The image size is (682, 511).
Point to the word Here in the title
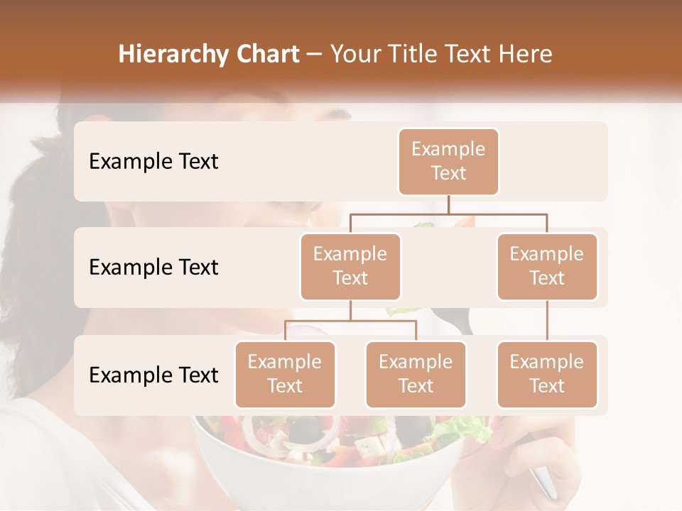tap(525, 55)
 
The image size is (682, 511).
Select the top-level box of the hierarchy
tap(448, 162)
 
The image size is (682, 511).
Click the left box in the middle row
tap(350, 266)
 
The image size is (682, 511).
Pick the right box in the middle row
tap(547, 266)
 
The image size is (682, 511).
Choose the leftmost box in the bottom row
tap(285, 375)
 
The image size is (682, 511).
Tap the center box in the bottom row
tap(416, 375)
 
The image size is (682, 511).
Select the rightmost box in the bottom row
tap(547, 375)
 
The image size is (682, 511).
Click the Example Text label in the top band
tap(153, 162)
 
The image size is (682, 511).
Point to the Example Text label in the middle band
tap(153, 268)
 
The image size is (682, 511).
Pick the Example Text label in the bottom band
tap(153, 375)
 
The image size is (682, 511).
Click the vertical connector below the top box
tap(448, 204)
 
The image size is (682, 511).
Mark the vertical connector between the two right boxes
tap(547, 321)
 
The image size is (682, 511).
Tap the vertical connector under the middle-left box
tap(350, 310)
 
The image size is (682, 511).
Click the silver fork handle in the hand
tap(544, 483)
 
